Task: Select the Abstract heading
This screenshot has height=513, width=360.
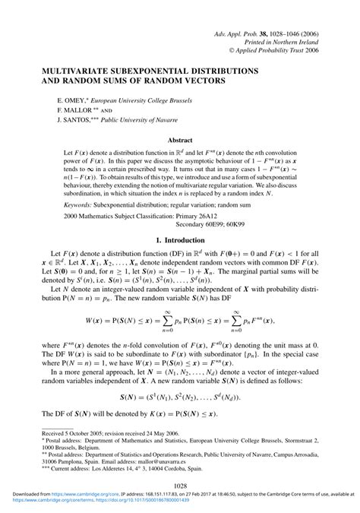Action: tap(180, 141)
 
